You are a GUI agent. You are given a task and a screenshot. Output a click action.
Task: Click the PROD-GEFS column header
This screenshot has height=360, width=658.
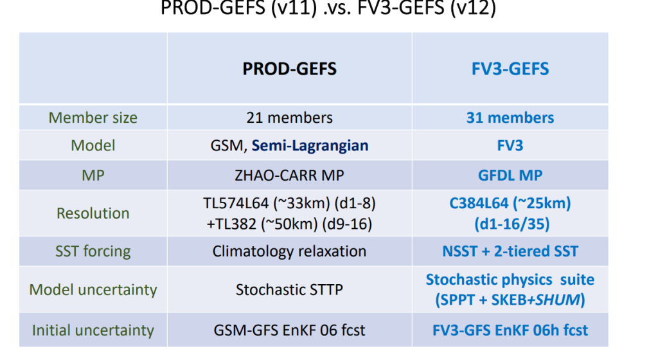point(290,69)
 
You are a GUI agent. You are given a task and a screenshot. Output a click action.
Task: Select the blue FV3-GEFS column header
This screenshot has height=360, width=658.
point(510,69)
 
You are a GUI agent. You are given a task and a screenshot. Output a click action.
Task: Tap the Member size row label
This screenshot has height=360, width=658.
point(93,118)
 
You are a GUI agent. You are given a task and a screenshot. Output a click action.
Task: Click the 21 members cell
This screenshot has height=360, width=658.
point(290,118)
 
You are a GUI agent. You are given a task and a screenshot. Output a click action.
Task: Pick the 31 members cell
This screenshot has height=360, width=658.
point(510,118)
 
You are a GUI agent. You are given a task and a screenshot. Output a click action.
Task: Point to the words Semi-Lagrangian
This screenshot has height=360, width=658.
point(310,145)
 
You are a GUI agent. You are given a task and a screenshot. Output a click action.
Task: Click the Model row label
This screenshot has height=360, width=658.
point(93,145)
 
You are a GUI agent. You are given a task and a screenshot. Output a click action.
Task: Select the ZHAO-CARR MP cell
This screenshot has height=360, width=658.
point(290,175)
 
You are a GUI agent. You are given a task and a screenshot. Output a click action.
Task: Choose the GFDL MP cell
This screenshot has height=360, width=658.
point(510,175)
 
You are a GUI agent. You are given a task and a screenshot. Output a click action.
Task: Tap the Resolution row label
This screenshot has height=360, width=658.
point(93,213)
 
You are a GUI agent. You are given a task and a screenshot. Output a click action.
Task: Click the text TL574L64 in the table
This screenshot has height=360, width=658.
point(236,203)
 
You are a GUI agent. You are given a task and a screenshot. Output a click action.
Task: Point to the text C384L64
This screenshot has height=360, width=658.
point(479,203)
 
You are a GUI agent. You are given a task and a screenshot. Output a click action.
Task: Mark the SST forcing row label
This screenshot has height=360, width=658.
point(93,251)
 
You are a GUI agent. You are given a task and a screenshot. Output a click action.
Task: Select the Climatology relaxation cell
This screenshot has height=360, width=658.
point(290,251)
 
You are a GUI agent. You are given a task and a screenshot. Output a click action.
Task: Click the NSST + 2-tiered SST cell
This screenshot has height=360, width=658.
point(510,251)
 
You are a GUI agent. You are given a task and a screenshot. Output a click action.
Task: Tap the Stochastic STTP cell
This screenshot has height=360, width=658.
point(290,289)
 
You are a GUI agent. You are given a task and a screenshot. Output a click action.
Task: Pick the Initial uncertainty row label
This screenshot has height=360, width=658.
point(93,330)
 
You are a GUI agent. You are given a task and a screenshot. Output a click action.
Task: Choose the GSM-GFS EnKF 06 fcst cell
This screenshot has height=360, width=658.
point(290,330)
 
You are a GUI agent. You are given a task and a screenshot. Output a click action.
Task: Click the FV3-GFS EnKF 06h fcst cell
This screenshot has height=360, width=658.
point(510,330)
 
